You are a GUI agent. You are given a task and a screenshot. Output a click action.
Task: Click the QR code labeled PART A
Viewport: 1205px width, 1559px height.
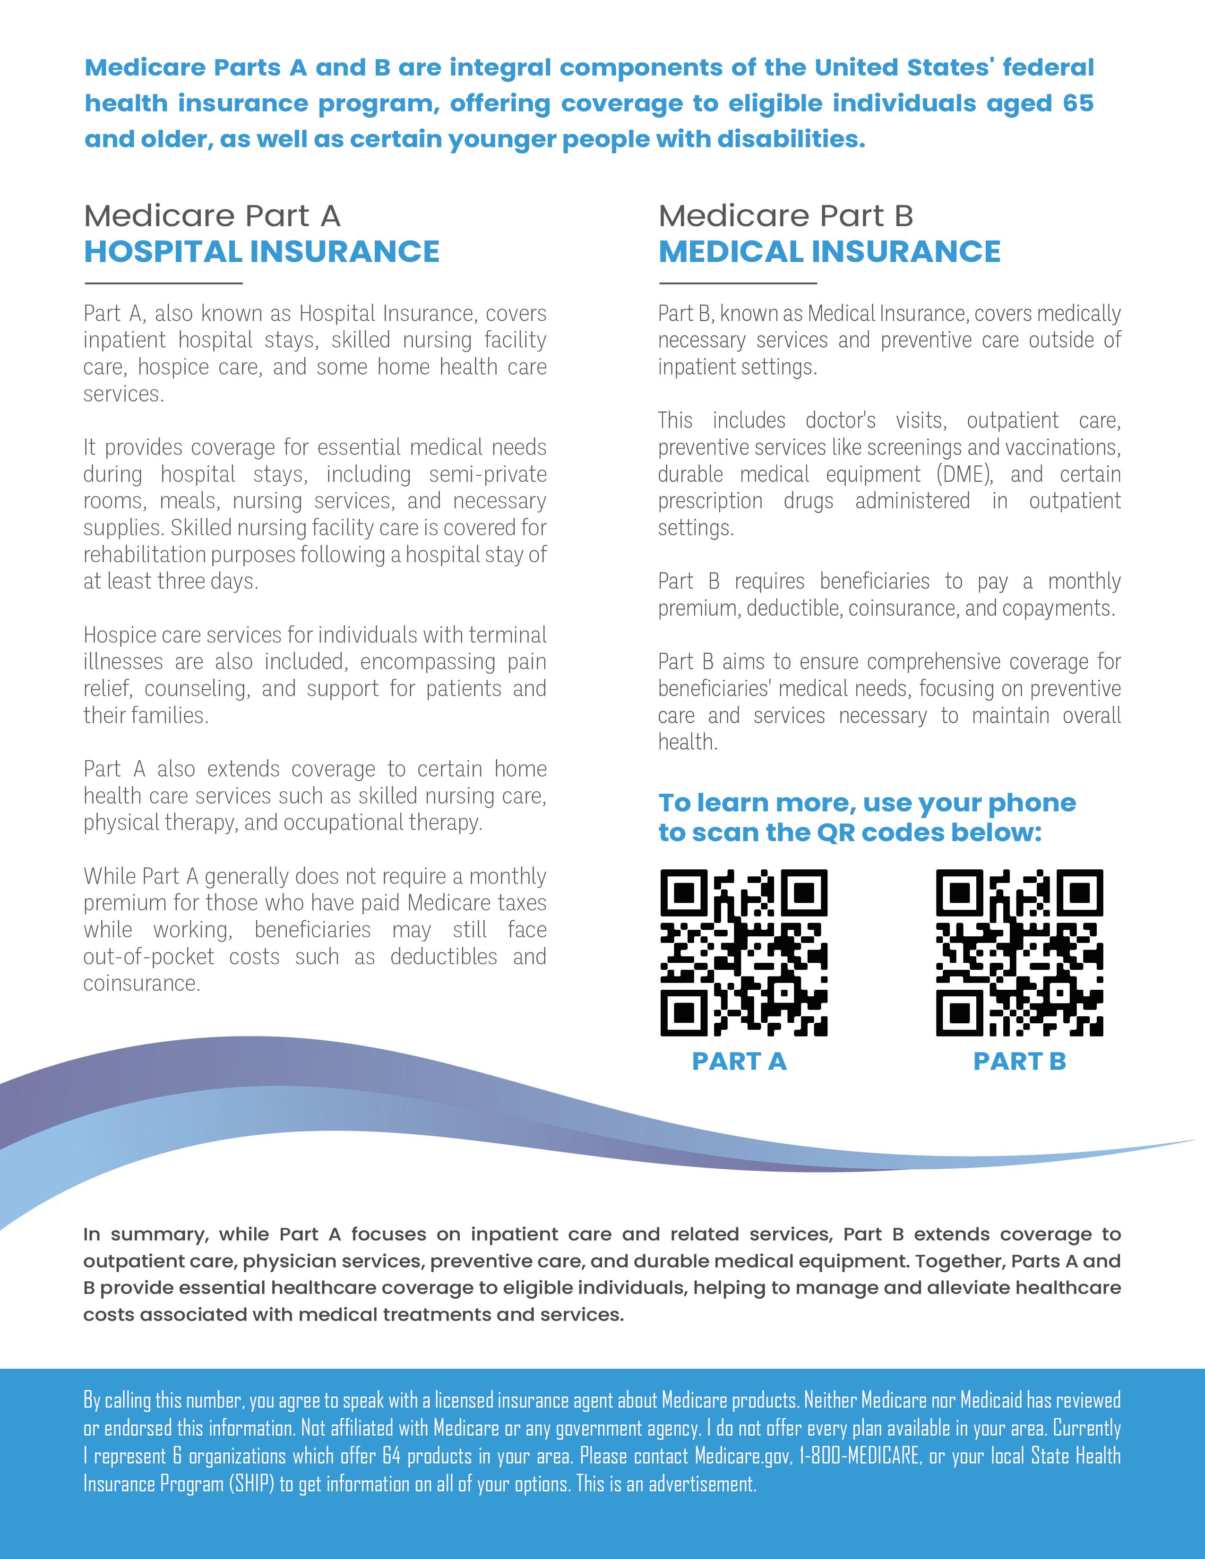(x=743, y=952)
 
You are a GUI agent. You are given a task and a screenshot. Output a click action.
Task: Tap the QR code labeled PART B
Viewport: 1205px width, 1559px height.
(x=1019, y=952)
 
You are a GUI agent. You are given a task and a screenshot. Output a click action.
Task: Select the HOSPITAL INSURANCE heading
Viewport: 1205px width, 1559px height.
(x=261, y=251)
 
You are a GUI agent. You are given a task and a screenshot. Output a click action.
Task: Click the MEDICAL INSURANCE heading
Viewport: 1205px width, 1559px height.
(x=829, y=251)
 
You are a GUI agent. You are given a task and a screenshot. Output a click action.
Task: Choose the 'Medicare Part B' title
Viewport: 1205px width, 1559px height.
(x=785, y=215)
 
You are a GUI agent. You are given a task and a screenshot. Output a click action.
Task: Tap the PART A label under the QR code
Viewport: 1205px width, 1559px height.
(x=739, y=1062)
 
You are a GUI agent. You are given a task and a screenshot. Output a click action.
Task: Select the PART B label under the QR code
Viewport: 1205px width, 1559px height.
(x=1019, y=1062)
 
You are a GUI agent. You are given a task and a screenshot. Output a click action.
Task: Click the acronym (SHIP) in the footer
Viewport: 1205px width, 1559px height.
(x=250, y=1484)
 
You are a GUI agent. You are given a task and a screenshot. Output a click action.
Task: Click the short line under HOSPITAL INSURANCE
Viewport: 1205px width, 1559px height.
(x=164, y=283)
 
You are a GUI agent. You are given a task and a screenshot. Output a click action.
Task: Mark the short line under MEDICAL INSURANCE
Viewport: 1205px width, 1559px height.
(x=738, y=283)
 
